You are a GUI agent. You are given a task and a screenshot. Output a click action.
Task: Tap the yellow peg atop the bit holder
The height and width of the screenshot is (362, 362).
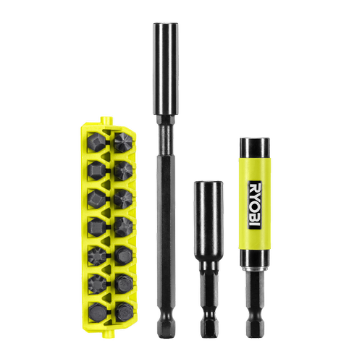(107, 120)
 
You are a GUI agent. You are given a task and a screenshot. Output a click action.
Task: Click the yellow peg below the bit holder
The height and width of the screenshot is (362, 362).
(108, 334)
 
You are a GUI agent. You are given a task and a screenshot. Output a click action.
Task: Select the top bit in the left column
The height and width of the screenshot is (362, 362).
(96, 142)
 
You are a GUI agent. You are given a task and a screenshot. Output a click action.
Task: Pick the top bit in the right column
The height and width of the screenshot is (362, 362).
(123, 143)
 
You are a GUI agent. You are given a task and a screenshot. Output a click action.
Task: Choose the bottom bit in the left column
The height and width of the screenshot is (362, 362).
(98, 313)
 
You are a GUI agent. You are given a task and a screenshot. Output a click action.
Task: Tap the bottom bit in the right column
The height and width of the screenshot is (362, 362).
(124, 312)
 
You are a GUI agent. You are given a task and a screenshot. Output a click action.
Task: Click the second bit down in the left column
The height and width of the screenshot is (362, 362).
(96, 171)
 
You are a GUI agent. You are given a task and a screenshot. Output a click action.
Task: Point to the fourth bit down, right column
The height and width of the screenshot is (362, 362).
(124, 227)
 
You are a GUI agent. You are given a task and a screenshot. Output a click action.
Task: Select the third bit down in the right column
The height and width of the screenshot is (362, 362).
(123, 199)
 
